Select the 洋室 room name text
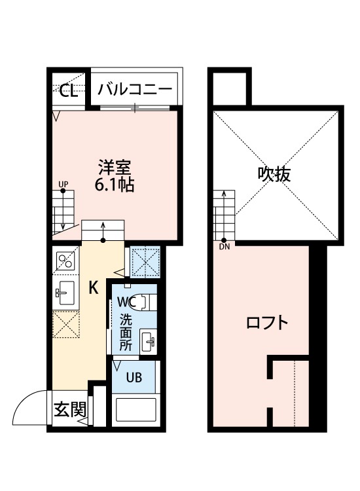115,168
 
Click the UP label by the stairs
63,184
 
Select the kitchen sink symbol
64,293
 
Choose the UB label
134,377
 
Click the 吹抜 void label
274,175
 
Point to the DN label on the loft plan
225,247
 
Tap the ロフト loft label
266,323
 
